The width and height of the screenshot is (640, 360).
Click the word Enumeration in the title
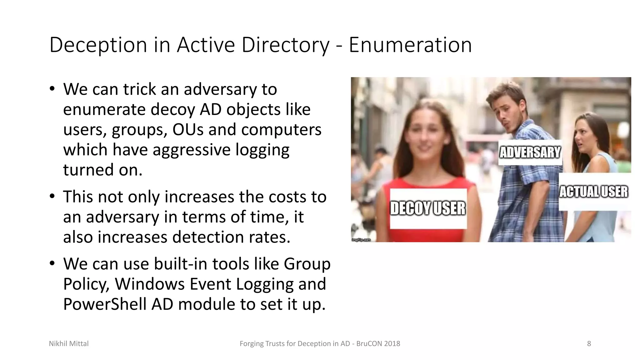click(x=410, y=45)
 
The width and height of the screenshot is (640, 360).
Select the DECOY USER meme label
click(x=428, y=208)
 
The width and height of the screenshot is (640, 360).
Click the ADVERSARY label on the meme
click(x=530, y=152)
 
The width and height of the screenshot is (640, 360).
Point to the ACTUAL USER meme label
click(x=593, y=192)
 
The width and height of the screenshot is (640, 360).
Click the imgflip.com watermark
click(x=361, y=240)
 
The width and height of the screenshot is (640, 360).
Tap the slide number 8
click(x=589, y=344)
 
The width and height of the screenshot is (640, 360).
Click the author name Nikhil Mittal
click(x=69, y=344)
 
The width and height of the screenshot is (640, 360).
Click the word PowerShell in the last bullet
click(x=105, y=304)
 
